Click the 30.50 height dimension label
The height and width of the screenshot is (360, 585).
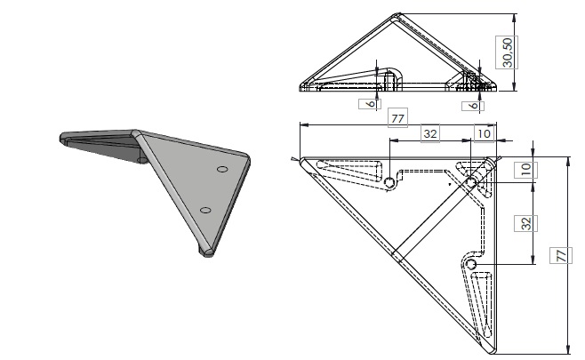coord(507,52)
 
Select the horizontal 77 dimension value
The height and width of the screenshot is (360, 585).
coord(397,117)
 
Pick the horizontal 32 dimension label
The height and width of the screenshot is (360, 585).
coord(429,133)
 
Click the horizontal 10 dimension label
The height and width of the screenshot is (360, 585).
coord(483,133)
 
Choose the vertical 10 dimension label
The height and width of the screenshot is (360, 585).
coord(526,168)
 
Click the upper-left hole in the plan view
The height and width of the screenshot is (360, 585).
coord(389,182)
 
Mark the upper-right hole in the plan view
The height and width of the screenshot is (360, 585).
coord(472,182)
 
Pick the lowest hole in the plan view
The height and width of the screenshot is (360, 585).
coord(471,265)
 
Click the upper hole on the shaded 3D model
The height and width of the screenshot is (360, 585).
coord(222,167)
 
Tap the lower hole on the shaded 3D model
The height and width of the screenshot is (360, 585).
coord(205,210)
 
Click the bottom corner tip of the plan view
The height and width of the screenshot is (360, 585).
coord(491,345)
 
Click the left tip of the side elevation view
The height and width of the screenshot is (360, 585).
coord(301,87)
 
